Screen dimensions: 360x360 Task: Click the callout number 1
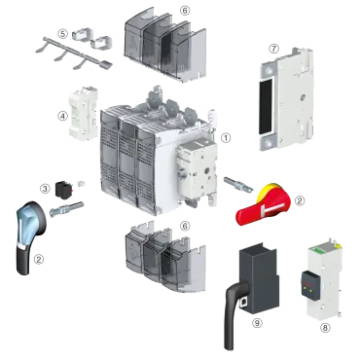click(227, 138)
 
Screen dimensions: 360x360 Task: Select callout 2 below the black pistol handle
click(39, 258)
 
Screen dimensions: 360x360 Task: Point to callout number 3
click(44, 187)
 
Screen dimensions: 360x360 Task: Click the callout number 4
click(62, 116)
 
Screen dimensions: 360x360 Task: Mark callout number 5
click(62, 33)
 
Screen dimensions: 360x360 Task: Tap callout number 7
click(273, 47)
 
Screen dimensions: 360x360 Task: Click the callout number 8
click(325, 327)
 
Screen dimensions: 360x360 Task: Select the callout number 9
click(256, 322)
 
